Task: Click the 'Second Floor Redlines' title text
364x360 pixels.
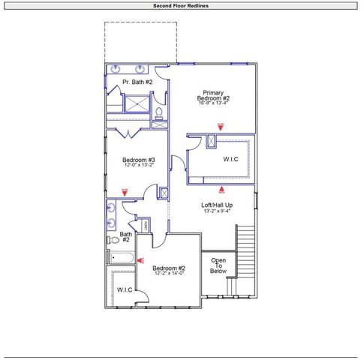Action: [181, 5]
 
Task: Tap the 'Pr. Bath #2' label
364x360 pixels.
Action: [138, 82]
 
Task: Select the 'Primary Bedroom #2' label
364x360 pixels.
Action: [213, 95]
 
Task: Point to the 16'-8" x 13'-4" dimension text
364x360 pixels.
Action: [213, 103]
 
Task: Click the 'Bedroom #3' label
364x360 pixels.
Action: [139, 159]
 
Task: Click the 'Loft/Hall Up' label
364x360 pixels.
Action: [217, 205]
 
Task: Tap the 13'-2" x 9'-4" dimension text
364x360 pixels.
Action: [217, 211]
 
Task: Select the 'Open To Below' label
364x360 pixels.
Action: [218, 266]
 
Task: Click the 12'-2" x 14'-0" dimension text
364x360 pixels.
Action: [169, 274]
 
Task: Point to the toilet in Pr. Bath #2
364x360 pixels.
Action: [158, 113]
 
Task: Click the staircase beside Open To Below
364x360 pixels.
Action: [245, 251]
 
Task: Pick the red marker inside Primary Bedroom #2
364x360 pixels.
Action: [221, 126]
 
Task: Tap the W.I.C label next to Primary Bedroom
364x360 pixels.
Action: [230, 159]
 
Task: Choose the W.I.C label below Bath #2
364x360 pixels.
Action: [124, 289]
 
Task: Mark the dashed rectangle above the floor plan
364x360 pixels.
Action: [140, 41]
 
